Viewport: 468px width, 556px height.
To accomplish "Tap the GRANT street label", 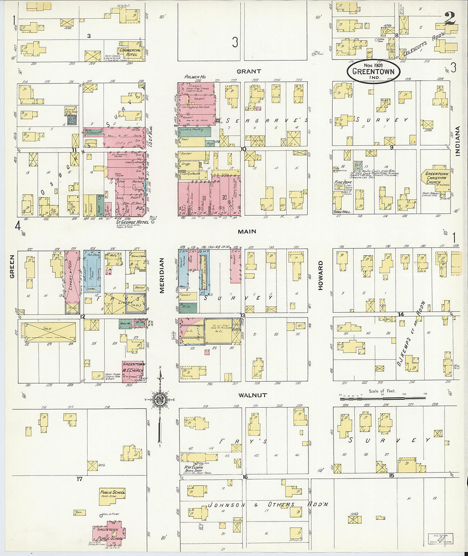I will pos(249,71).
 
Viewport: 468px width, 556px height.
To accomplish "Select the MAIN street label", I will pos(247,231).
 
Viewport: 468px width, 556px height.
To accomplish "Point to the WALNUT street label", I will pos(252,395).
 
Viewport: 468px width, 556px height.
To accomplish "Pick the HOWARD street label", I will pos(320,275).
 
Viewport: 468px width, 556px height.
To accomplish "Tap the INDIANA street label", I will pos(458,141).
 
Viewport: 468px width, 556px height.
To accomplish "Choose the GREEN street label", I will pos(12,266).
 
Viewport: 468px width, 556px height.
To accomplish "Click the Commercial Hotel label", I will pos(130,52).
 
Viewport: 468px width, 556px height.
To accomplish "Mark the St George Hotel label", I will pos(132,222).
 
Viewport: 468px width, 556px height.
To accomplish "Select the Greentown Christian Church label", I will pos(436,177).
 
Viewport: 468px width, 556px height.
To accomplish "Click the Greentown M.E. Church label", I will pos(134,367).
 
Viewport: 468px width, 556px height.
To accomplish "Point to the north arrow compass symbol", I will pos(160,400).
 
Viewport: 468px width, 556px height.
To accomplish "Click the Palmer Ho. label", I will pos(195,77).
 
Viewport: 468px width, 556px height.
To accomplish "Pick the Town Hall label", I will pos(341,212).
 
